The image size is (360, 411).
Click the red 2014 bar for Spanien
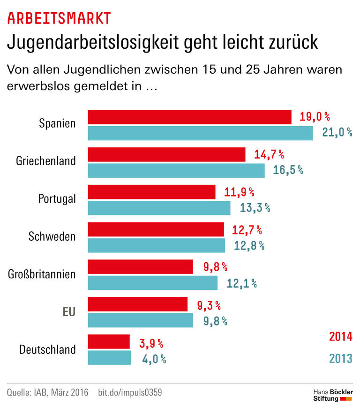(x=190, y=117)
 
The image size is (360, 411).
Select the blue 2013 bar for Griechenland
(x=176, y=170)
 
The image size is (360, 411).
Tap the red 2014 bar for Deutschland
(x=109, y=342)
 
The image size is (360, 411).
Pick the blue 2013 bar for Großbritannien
(x=153, y=283)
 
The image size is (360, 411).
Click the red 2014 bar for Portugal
(x=152, y=192)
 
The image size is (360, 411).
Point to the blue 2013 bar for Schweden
(x=157, y=245)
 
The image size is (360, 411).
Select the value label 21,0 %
(x=337, y=133)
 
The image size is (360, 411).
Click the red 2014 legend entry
(x=340, y=336)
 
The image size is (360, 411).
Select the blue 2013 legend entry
(x=340, y=358)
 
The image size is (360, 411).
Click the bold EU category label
(x=69, y=312)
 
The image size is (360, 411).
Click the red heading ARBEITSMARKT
(x=59, y=18)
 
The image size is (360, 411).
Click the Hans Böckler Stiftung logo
(x=332, y=395)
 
